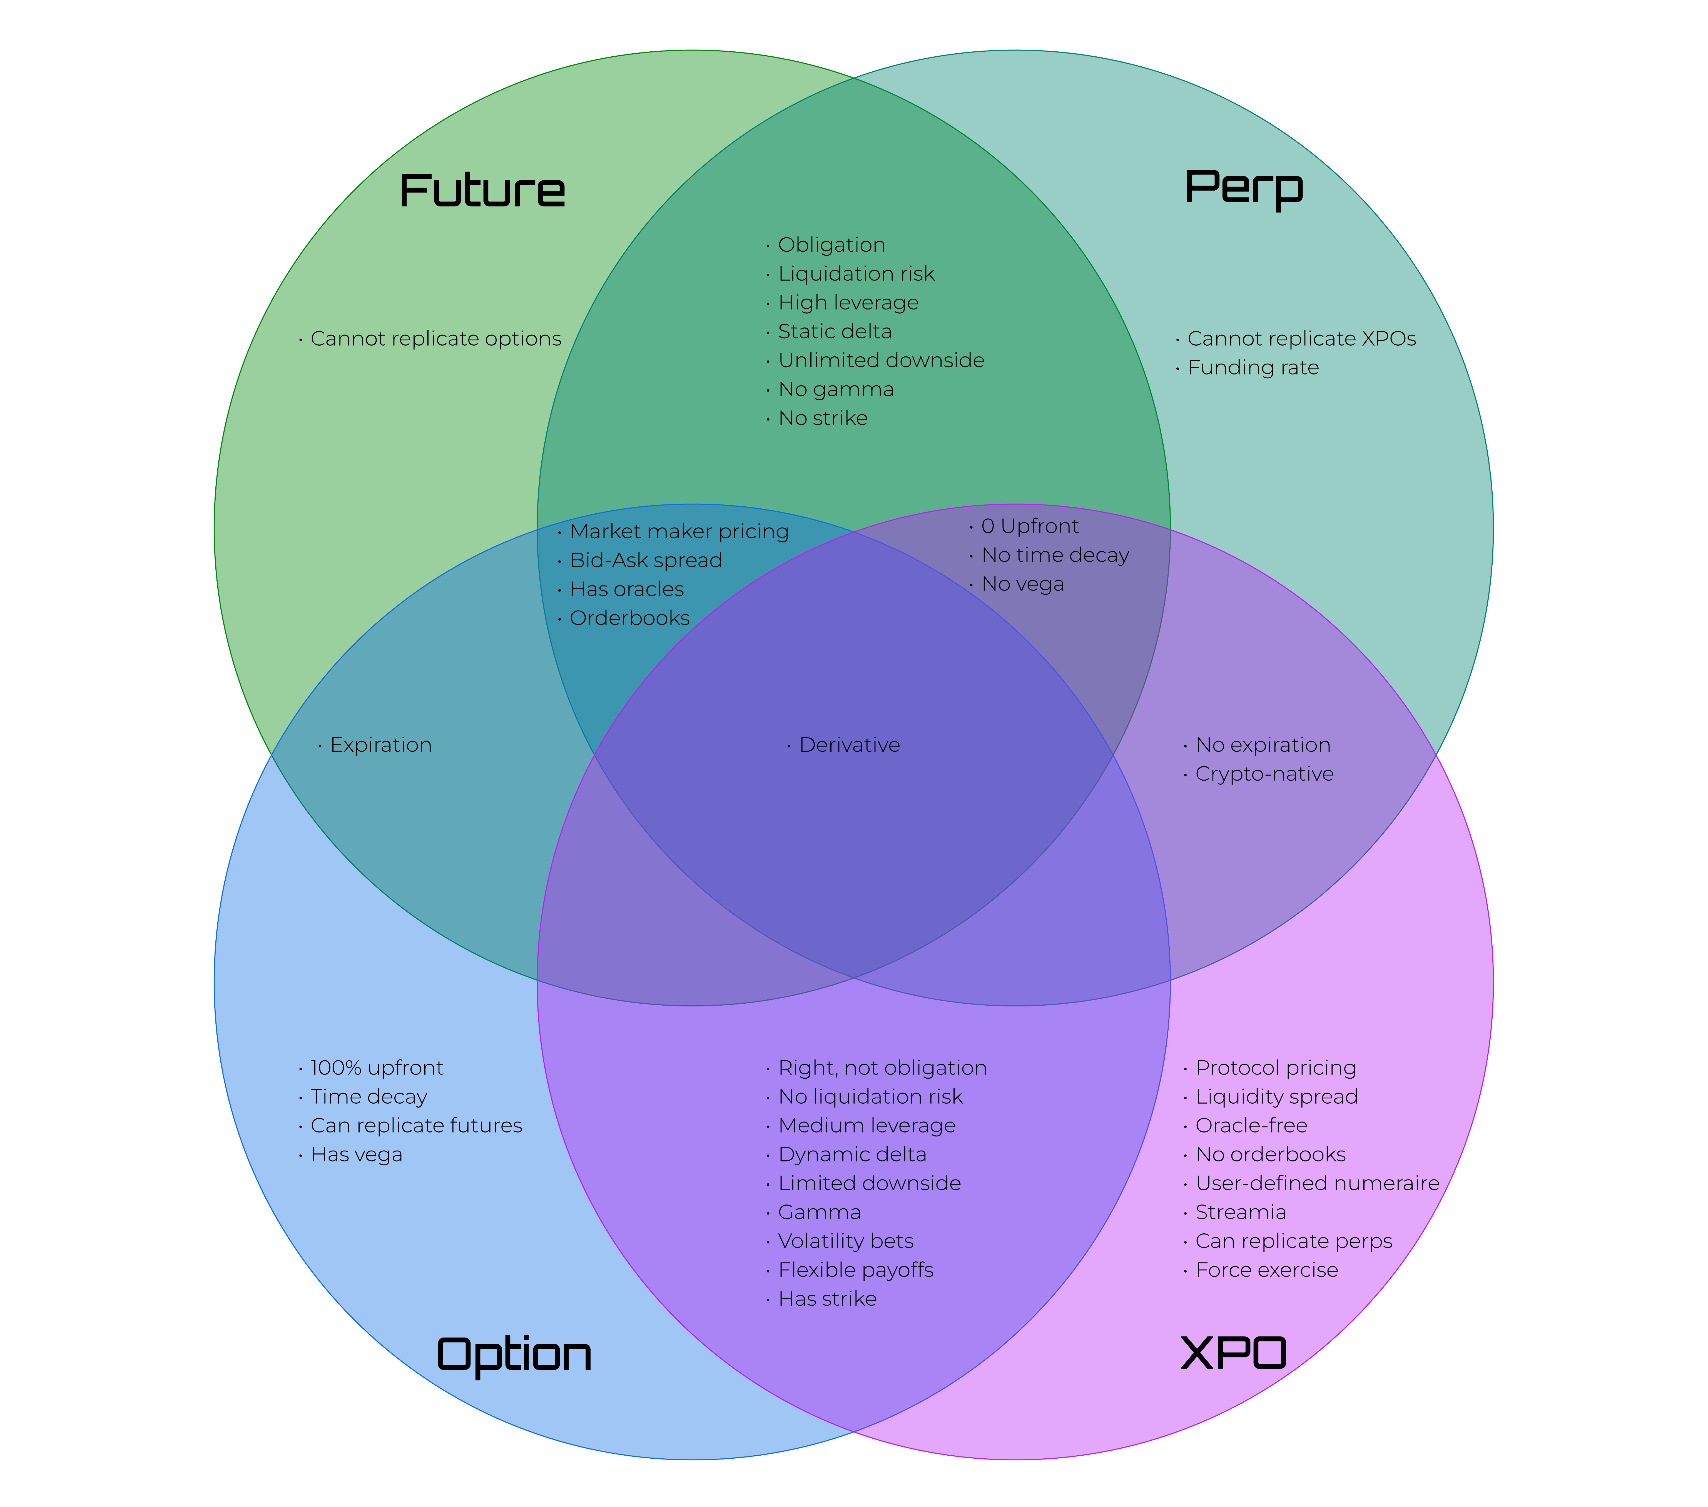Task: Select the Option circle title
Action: point(514,1354)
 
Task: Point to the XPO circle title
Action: point(1233,1353)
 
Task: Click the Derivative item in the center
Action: point(849,745)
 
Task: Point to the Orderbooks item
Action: point(629,618)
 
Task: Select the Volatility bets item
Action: point(846,1241)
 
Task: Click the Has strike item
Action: point(827,1299)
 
